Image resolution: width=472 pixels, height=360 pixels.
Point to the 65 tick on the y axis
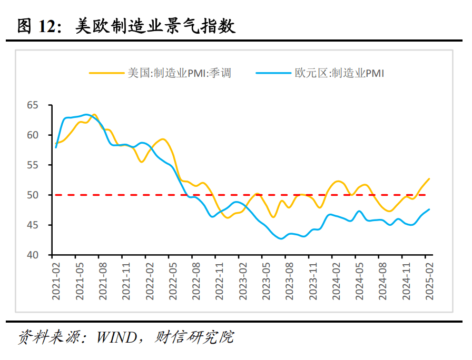(33, 105)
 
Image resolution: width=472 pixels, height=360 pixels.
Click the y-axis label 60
(33, 135)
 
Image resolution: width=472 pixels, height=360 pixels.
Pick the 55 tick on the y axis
(33, 165)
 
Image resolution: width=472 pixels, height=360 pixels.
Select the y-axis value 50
(33, 195)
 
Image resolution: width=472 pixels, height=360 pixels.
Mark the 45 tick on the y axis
(33, 225)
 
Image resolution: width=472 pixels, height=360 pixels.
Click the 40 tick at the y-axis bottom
(33, 255)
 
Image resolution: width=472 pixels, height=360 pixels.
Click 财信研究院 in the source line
(194, 337)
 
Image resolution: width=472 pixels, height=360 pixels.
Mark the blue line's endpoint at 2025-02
(429, 209)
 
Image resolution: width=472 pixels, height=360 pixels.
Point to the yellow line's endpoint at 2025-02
(429, 179)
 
